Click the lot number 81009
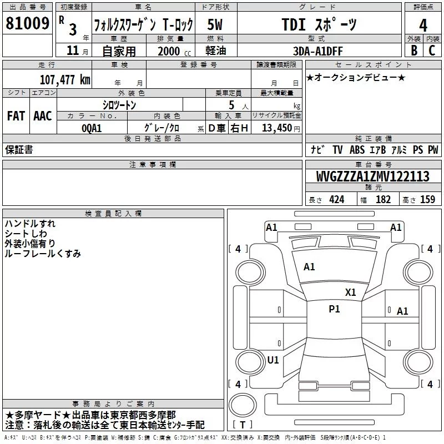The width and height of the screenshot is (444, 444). (x=27, y=23)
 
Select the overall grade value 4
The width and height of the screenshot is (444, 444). (x=423, y=26)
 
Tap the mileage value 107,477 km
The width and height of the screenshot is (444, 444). (x=65, y=80)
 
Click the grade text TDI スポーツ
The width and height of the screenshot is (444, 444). (x=319, y=24)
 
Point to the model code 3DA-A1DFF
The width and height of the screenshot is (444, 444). (x=317, y=51)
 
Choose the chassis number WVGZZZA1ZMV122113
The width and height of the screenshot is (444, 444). (x=373, y=176)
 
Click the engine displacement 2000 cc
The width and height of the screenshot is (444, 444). (x=174, y=51)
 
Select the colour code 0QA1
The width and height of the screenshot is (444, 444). (x=92, y=128)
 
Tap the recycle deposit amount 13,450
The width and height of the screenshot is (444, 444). (x=277, y=128)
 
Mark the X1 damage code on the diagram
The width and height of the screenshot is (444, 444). (x=350, y=292)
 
